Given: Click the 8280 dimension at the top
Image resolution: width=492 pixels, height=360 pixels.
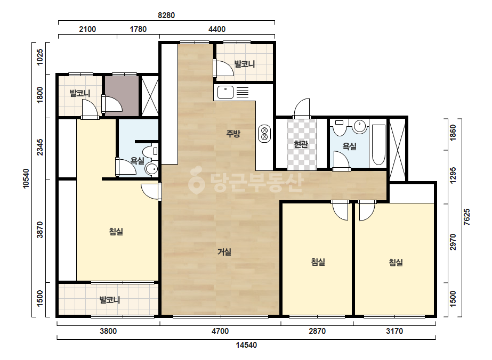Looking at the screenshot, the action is (x=166, y=15).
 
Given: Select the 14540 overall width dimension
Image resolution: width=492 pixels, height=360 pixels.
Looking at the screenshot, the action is (x=246, y=345).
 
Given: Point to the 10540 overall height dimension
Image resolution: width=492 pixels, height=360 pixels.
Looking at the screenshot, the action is (x=26, y=178).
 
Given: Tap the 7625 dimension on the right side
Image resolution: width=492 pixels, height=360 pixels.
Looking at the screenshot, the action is (x=467, y=217).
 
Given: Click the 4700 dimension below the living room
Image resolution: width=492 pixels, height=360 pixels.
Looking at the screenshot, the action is (x=220, y=331).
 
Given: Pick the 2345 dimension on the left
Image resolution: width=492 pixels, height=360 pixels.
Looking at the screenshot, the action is (x=40, y=147).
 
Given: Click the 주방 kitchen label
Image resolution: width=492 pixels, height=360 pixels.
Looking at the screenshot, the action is (x=233, y=134).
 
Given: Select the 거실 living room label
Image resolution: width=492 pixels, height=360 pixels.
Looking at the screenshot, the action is (x=224, y=252).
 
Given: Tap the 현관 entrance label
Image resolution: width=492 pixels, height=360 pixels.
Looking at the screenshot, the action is (x=301, y=144).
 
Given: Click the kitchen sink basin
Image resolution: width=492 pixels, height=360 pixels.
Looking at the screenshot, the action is (x=225, y=92).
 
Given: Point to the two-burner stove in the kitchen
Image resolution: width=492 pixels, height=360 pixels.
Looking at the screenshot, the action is (x=264, y=133).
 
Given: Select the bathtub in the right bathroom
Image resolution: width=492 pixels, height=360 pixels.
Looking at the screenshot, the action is (x=378, y=145).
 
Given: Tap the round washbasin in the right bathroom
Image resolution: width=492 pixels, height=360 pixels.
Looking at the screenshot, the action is (x=360, y=126).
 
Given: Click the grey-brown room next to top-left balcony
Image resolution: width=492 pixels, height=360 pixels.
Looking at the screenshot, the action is (x=122, y=96).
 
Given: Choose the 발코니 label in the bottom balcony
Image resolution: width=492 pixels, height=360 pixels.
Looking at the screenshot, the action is (x=110, y=300).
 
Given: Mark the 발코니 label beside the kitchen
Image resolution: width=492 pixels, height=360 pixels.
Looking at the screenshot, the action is (x=245, y=64).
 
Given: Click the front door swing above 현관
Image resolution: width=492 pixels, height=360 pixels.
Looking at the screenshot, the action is (x=302, y=109).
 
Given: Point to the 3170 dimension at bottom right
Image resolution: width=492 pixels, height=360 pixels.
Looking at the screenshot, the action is (x=394, y=331).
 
